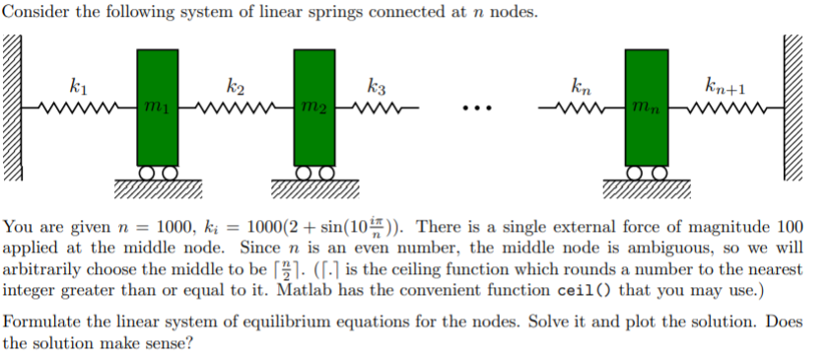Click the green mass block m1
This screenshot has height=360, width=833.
157,108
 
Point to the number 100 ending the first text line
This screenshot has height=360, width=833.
791,225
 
